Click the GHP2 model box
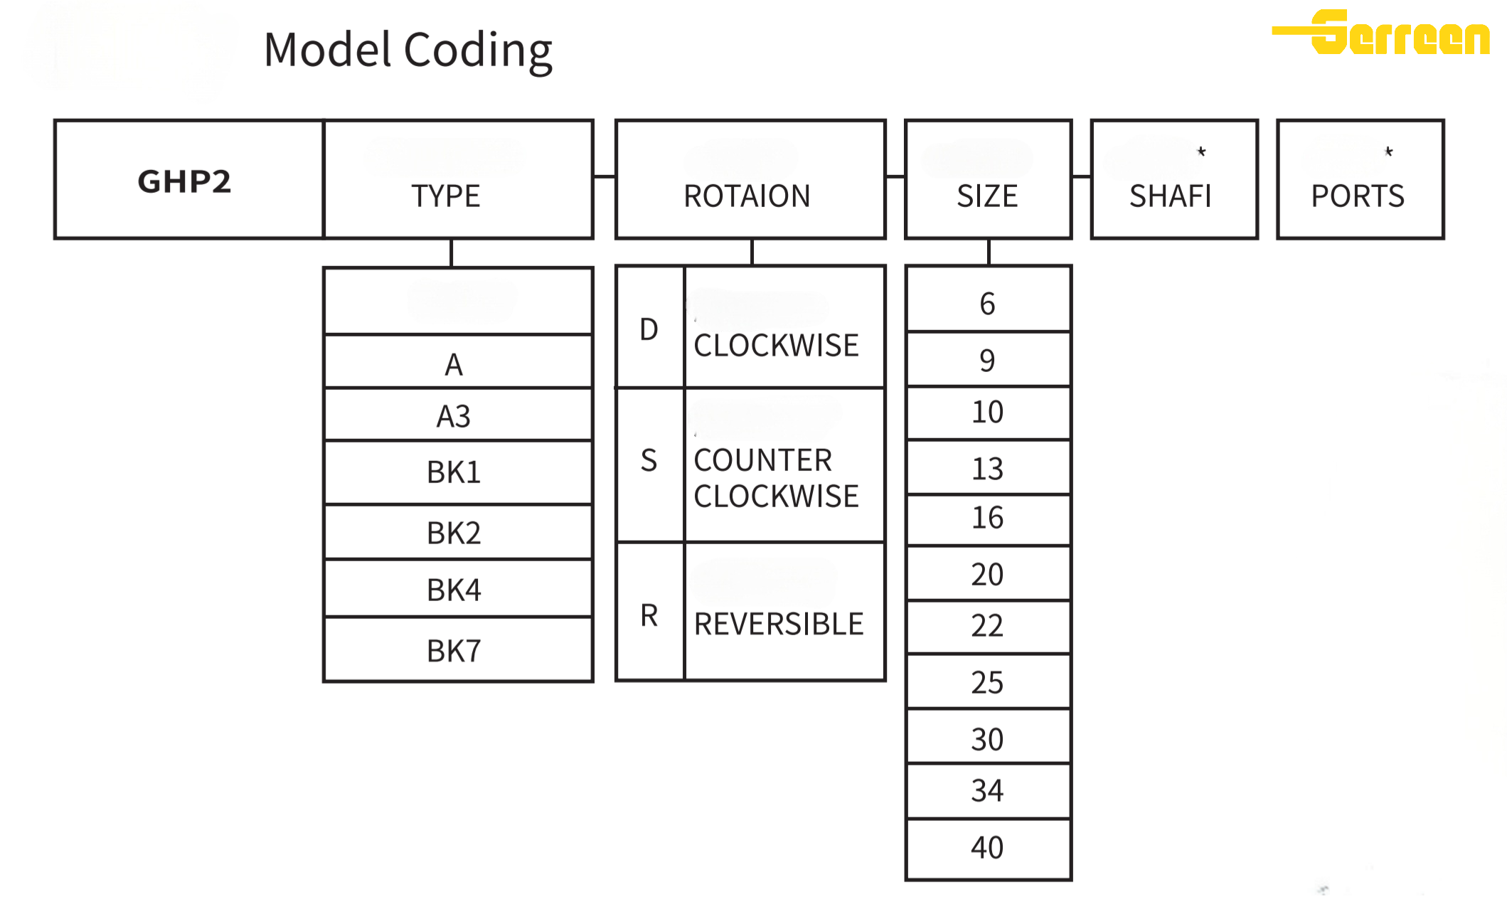click(x=189, y=179)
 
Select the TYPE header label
click(x=446, y=196)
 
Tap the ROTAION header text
click(x=747, y=196)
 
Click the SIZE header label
click(x=987, y=196)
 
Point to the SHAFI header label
click(x=1170, y=196)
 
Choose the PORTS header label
click(x=1358, y=196)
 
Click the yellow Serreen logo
click(x=1381, y=32)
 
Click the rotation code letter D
click(x=649, y=329)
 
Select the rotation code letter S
click(x=649, y=460)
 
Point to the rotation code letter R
click(x=649, y=615)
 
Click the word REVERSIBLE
click(x=779, y=624)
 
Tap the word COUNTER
click(x=763, y=460)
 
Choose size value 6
click(x=987, y=304)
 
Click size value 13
click(x=987, y=469)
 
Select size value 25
click(x=987, y=682)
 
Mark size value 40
click(x=987, y=847)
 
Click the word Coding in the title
click(x=478, y=51)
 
